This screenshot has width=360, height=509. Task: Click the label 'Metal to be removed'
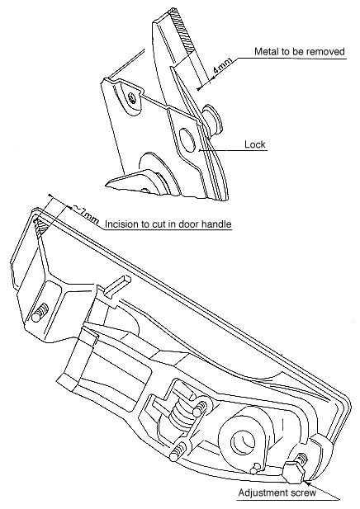(299, 52)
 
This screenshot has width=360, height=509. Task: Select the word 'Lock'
(255, 144)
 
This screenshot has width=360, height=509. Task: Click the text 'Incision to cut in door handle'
(168, 224)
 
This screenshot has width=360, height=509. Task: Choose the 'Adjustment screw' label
(277, 493)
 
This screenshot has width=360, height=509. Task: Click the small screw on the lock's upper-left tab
(132, 97)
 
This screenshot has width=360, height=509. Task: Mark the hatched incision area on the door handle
(41, 226)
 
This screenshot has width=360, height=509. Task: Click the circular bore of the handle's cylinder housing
(243, 441)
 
